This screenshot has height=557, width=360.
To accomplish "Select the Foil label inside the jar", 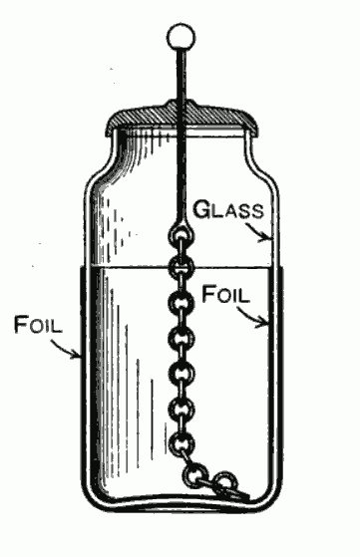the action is click(227, 295).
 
